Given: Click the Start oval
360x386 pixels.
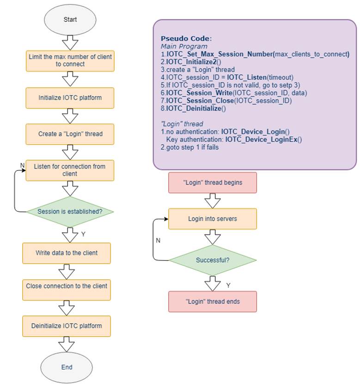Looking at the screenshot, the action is [70, 20].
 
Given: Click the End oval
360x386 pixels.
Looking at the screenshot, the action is [67, 367].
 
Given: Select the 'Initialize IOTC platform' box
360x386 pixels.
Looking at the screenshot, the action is [70, 98].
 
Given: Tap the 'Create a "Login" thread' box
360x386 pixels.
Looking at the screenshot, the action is [70, 134].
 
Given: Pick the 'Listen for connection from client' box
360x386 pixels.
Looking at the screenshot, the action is [70, 170].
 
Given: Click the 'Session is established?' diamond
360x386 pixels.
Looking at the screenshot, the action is [70, 211].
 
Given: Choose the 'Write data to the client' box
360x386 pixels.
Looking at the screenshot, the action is [67, 253].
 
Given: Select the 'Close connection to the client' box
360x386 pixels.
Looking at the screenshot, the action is [67, 290].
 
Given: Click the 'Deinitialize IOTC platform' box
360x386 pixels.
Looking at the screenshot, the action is [67, 326].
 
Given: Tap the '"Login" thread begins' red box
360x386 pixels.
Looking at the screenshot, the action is [213, 182].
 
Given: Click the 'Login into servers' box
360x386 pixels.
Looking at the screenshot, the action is [213, 219].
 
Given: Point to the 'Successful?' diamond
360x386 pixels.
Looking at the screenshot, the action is [213, 260].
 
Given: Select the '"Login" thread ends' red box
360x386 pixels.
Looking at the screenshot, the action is [213, 302].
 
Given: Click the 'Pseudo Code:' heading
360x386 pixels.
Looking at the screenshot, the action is [186, 39].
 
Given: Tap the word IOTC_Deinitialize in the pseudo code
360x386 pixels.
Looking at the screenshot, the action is [194, 109].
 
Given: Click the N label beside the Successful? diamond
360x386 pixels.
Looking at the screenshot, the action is [158, 240].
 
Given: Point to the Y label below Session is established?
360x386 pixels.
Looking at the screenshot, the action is [83, 234].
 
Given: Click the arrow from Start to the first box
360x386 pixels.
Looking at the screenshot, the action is [70, 43].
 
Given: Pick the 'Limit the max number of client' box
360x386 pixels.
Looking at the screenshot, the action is [70, 61].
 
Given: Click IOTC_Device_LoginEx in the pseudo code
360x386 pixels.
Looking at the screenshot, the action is [261, 139].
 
